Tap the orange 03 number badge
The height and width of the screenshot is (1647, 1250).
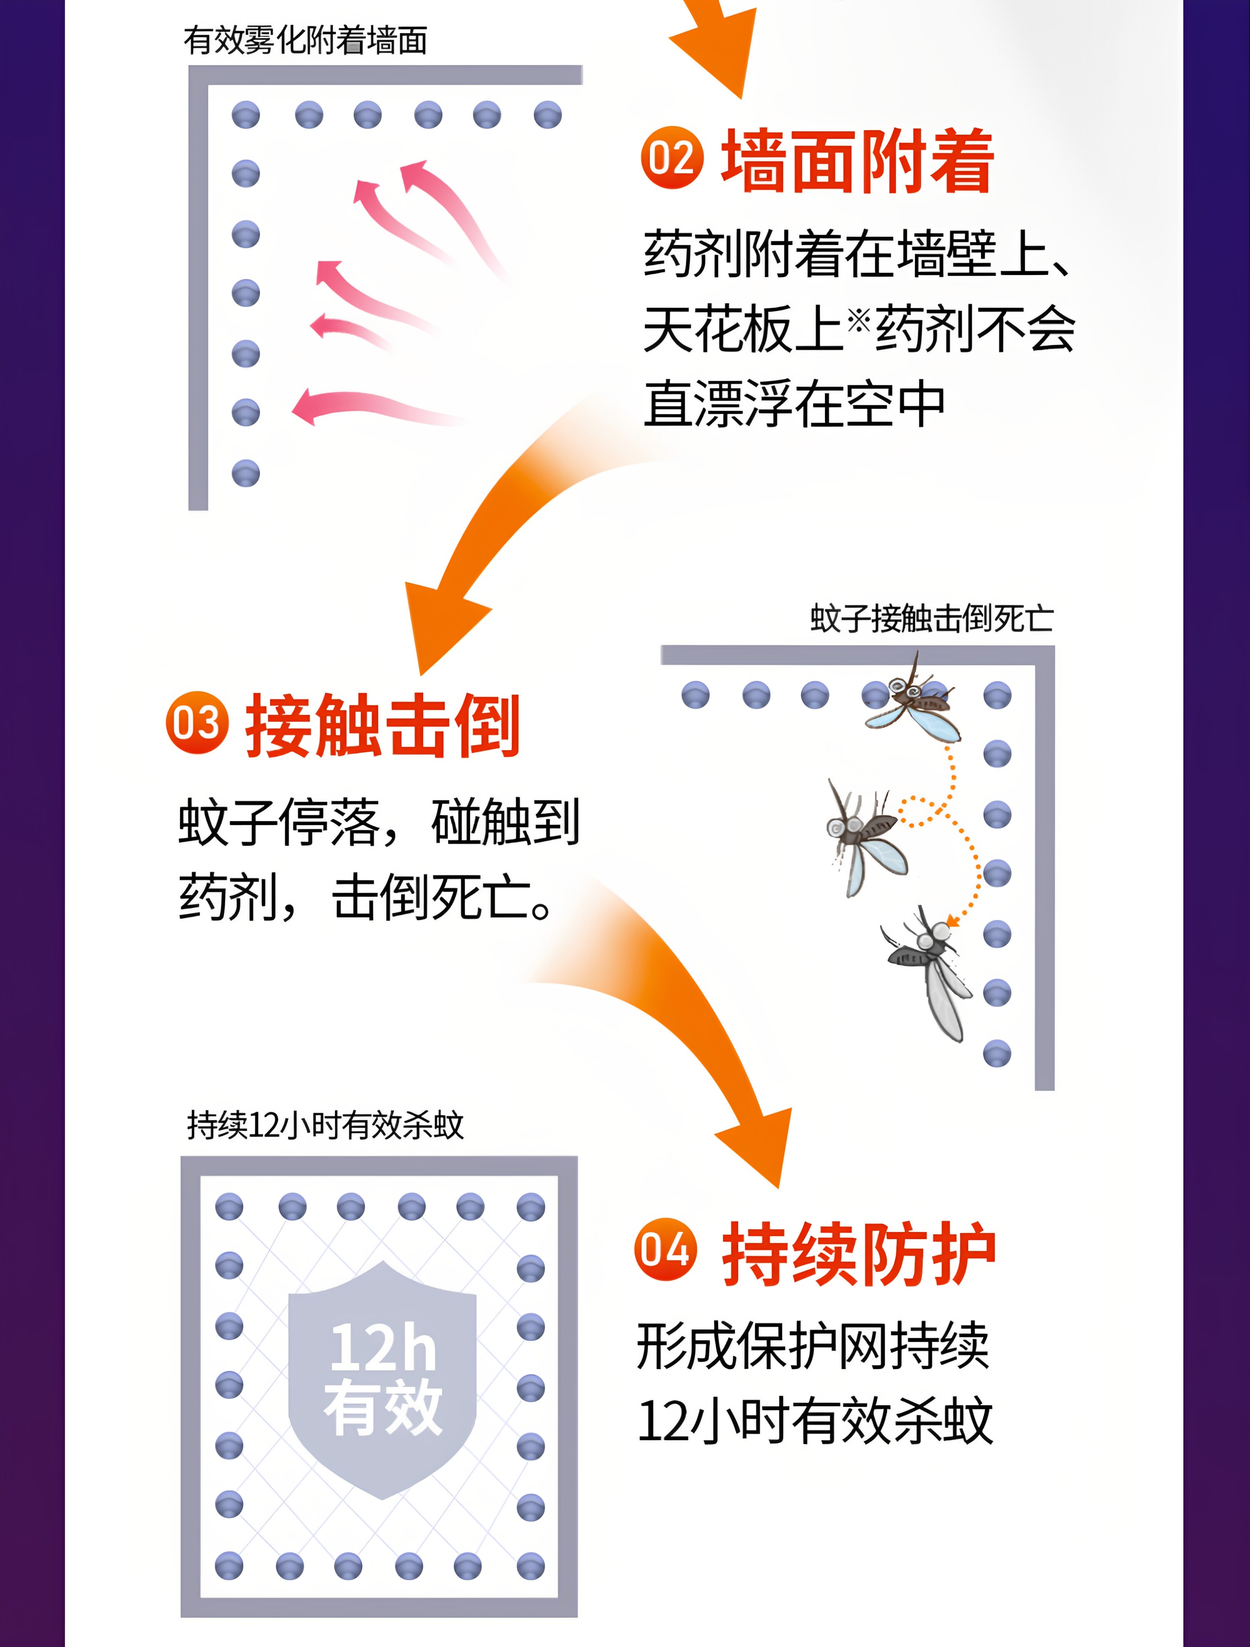197,722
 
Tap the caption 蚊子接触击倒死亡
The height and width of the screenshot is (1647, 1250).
931,618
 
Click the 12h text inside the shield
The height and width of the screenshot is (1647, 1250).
382,1348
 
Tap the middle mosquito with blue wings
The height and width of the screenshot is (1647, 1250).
866,838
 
